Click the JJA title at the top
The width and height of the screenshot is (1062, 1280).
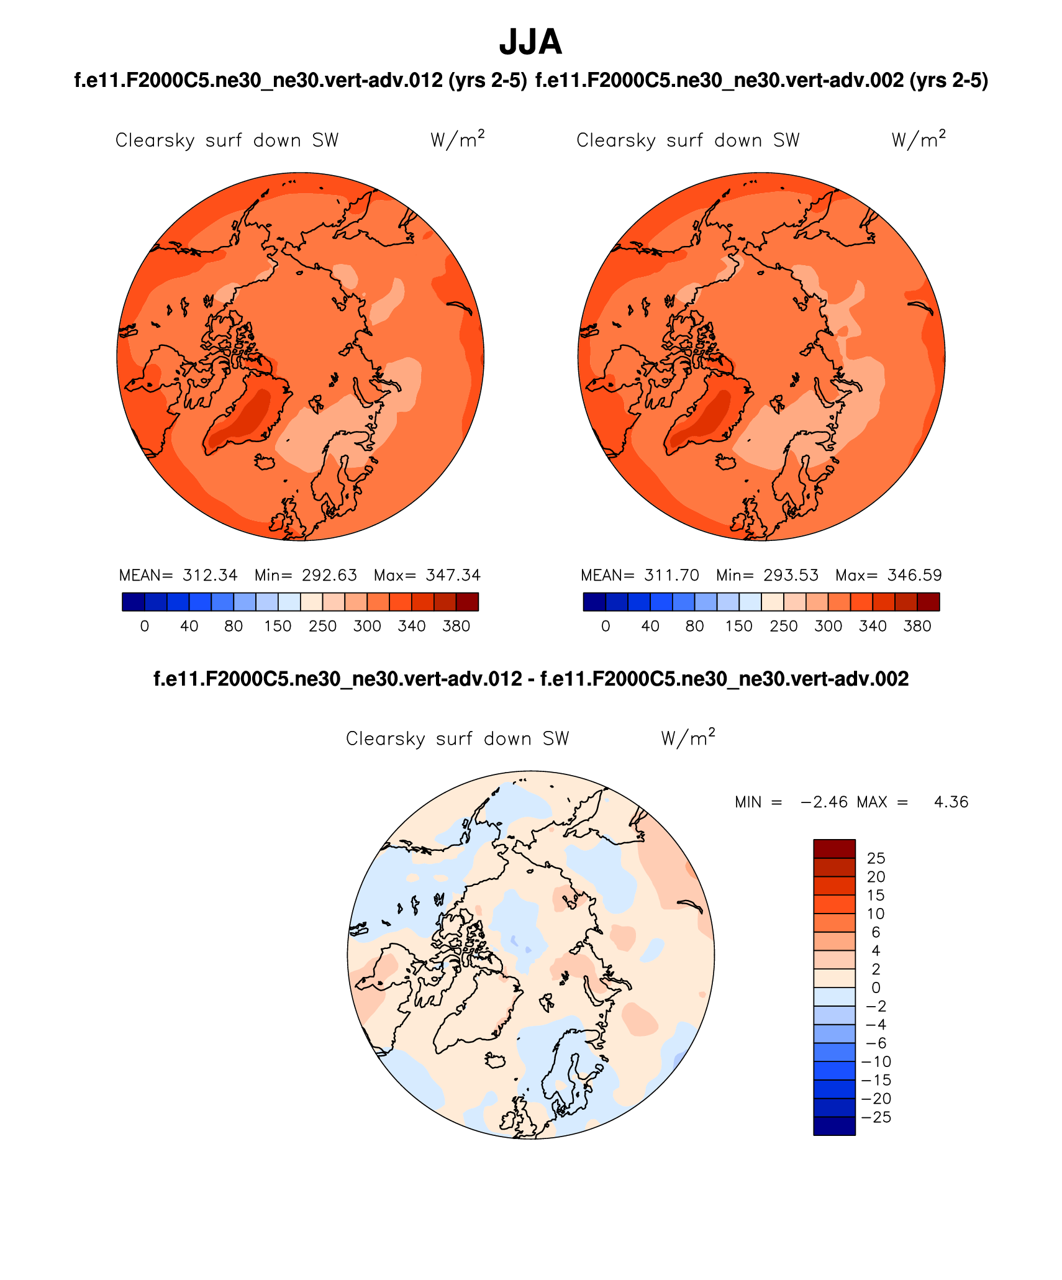click(x=530, y=42)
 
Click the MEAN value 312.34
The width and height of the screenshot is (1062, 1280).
click(x=210, y=575)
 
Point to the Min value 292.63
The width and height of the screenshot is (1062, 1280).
click(x=329, y=575)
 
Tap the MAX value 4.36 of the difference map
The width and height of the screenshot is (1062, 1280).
click(x=951, y=802)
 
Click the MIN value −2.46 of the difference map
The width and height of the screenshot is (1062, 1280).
click(x=824, y=802)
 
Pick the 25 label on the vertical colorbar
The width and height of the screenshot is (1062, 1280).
click(x=876, y=858)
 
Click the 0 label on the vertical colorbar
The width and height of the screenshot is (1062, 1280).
click(x=876, y=987)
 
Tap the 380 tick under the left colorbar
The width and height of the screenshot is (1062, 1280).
click(x=456, y=626)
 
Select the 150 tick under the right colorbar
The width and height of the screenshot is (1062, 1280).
click(x=739, y=626)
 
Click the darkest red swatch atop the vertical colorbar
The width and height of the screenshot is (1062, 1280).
click(x=834, y=848)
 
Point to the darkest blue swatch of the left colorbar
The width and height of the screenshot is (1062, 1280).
click(x=134, y=602)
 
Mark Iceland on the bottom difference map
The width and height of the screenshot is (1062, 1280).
click(x=496, y=1060)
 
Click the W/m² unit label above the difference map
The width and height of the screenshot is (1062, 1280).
click(x=688, y=738)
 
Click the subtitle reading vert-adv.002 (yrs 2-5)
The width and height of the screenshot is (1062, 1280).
click(x=761, y=81)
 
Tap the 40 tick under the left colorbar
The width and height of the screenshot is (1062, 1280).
click(x=189, y=626)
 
